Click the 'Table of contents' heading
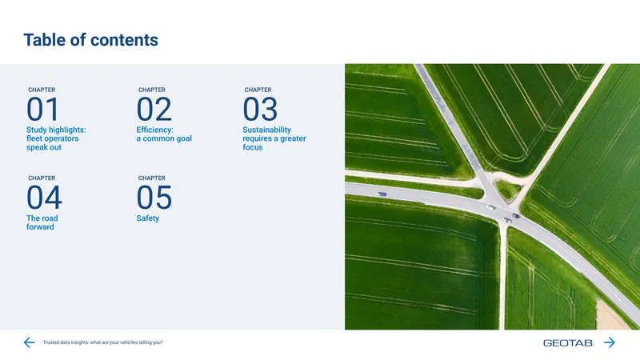[90, 40]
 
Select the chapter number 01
[43, 109]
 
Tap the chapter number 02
[154, 109]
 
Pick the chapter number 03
[260, 109]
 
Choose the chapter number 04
[44, 198]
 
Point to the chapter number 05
[154, 198]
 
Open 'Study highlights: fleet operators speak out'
[56, 138]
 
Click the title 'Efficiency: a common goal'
[164, 134]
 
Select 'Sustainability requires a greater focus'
[274, 138]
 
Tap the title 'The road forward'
[42, 222]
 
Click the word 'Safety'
[148, 218]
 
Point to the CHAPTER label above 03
[258, 90]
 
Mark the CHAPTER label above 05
[152, 178]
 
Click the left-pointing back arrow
[29, 342]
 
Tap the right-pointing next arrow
[610, 342]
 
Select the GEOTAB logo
[568, 343]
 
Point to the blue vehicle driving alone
[382, 194]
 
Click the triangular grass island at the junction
[508, 189]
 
